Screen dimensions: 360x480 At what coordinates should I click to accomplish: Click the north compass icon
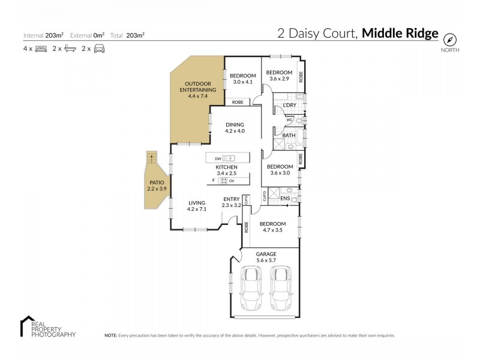coord(449,39)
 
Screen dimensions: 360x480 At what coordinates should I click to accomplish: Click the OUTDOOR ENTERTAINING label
coord(200,86)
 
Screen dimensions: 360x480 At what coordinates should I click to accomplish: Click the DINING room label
coord(235,124)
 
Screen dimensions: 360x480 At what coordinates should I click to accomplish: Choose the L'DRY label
coord(289,106)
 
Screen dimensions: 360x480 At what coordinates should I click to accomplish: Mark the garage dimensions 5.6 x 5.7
coord(267,260)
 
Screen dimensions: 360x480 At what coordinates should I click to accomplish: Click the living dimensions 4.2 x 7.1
coord(196,209)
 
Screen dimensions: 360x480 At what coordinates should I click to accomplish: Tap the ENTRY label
coord(232,199)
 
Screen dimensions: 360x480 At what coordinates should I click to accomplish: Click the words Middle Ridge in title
coord(400,34)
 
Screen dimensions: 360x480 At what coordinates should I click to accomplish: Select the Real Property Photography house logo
coord(27,321)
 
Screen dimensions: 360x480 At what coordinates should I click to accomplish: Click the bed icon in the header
coord(41,49)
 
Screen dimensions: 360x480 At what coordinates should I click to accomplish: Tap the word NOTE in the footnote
coord(110,335)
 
